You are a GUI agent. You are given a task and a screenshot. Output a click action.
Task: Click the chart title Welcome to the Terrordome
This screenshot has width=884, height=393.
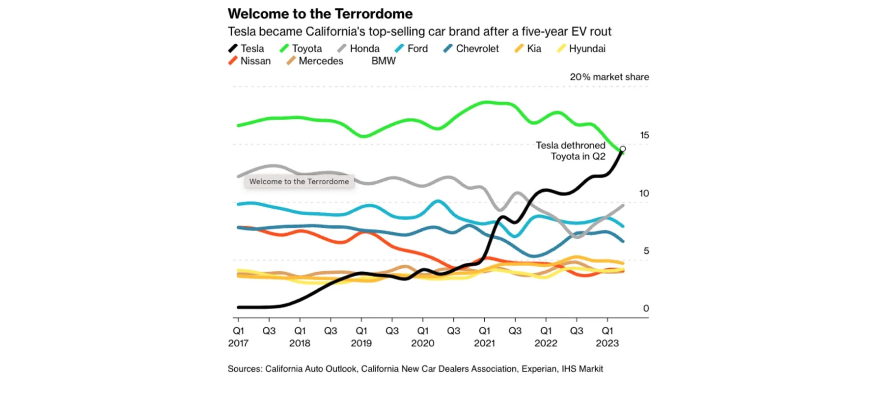click(320, 14)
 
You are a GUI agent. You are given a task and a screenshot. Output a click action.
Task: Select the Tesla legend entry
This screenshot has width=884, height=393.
click(247, 49)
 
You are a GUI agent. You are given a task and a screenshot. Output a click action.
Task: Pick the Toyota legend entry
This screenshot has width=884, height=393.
click(301, 49)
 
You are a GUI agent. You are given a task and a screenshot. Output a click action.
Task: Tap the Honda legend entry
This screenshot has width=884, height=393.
click(359, 49)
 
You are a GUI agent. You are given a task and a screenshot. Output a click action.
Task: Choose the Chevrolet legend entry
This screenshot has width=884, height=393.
click(471, 49)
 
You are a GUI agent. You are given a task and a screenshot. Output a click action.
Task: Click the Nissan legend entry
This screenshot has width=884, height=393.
click(249, 61)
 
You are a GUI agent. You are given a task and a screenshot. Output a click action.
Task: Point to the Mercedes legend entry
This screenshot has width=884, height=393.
click(315, 61)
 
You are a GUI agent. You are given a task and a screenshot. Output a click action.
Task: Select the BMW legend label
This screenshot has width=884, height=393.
click(384, 61)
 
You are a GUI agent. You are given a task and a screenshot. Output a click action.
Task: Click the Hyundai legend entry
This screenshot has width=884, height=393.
click(581, 49)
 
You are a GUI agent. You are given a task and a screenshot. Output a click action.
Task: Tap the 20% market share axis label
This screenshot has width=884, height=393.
click(609, 77)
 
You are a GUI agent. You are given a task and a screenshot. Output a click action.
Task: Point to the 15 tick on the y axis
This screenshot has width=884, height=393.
click(644, 135)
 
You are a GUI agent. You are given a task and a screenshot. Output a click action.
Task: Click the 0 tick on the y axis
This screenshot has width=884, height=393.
click(646, 309)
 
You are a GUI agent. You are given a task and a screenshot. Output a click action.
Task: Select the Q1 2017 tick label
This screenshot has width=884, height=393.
click(238, 337)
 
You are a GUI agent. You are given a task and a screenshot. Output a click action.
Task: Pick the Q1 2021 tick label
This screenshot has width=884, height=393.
click(484, 337)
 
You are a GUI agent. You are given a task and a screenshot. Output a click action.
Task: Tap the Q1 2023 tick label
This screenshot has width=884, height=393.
click(607, 337)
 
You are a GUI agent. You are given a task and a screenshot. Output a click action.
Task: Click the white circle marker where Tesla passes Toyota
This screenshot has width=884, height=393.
click(623, 149)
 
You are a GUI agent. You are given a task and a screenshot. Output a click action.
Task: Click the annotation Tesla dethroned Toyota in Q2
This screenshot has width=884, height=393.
click(571, 151)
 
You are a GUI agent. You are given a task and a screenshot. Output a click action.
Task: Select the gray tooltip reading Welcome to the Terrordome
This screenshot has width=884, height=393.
click(299, 182)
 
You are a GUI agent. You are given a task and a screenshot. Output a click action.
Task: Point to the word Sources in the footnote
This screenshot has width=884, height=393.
click(245, 369)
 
